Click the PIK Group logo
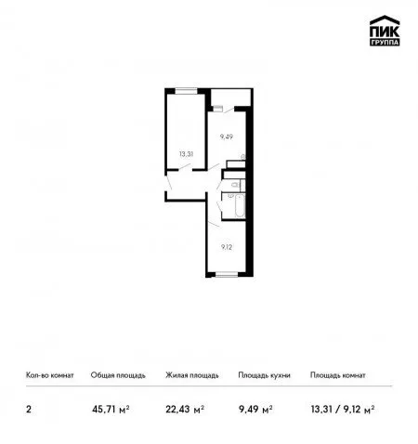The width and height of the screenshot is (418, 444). tap(385, 31)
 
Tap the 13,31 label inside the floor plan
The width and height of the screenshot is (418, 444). tap(186, 154)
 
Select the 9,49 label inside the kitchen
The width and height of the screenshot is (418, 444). tap(227, 137)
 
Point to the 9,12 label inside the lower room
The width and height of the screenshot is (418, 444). tap(227, 247)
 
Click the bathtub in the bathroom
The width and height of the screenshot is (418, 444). tap(240, 206)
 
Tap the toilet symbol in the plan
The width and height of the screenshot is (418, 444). tap(235, 185)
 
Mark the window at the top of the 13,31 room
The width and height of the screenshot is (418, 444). tap(187, 91)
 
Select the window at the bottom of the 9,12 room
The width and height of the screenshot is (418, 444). tap(227, 274)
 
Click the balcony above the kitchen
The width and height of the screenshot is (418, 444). tap(230, 98)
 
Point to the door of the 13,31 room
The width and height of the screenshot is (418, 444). tap(186, 167)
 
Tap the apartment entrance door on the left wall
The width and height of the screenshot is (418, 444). tap(168, 183)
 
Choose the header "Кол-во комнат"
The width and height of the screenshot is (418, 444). tap(50, 375)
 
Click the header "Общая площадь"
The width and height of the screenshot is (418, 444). tap(118, 375)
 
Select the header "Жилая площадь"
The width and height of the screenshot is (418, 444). tap(192, 375)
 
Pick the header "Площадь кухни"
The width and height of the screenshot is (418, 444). tap(264, 375)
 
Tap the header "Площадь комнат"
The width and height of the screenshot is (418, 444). tap(338, 375)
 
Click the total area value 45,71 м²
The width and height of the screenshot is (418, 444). tap(111, 410)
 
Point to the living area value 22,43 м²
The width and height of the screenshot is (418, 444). tap(185, 410)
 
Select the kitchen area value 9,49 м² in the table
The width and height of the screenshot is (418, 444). tap(255, 410)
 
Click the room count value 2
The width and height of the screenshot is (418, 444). tap(29, 410)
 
